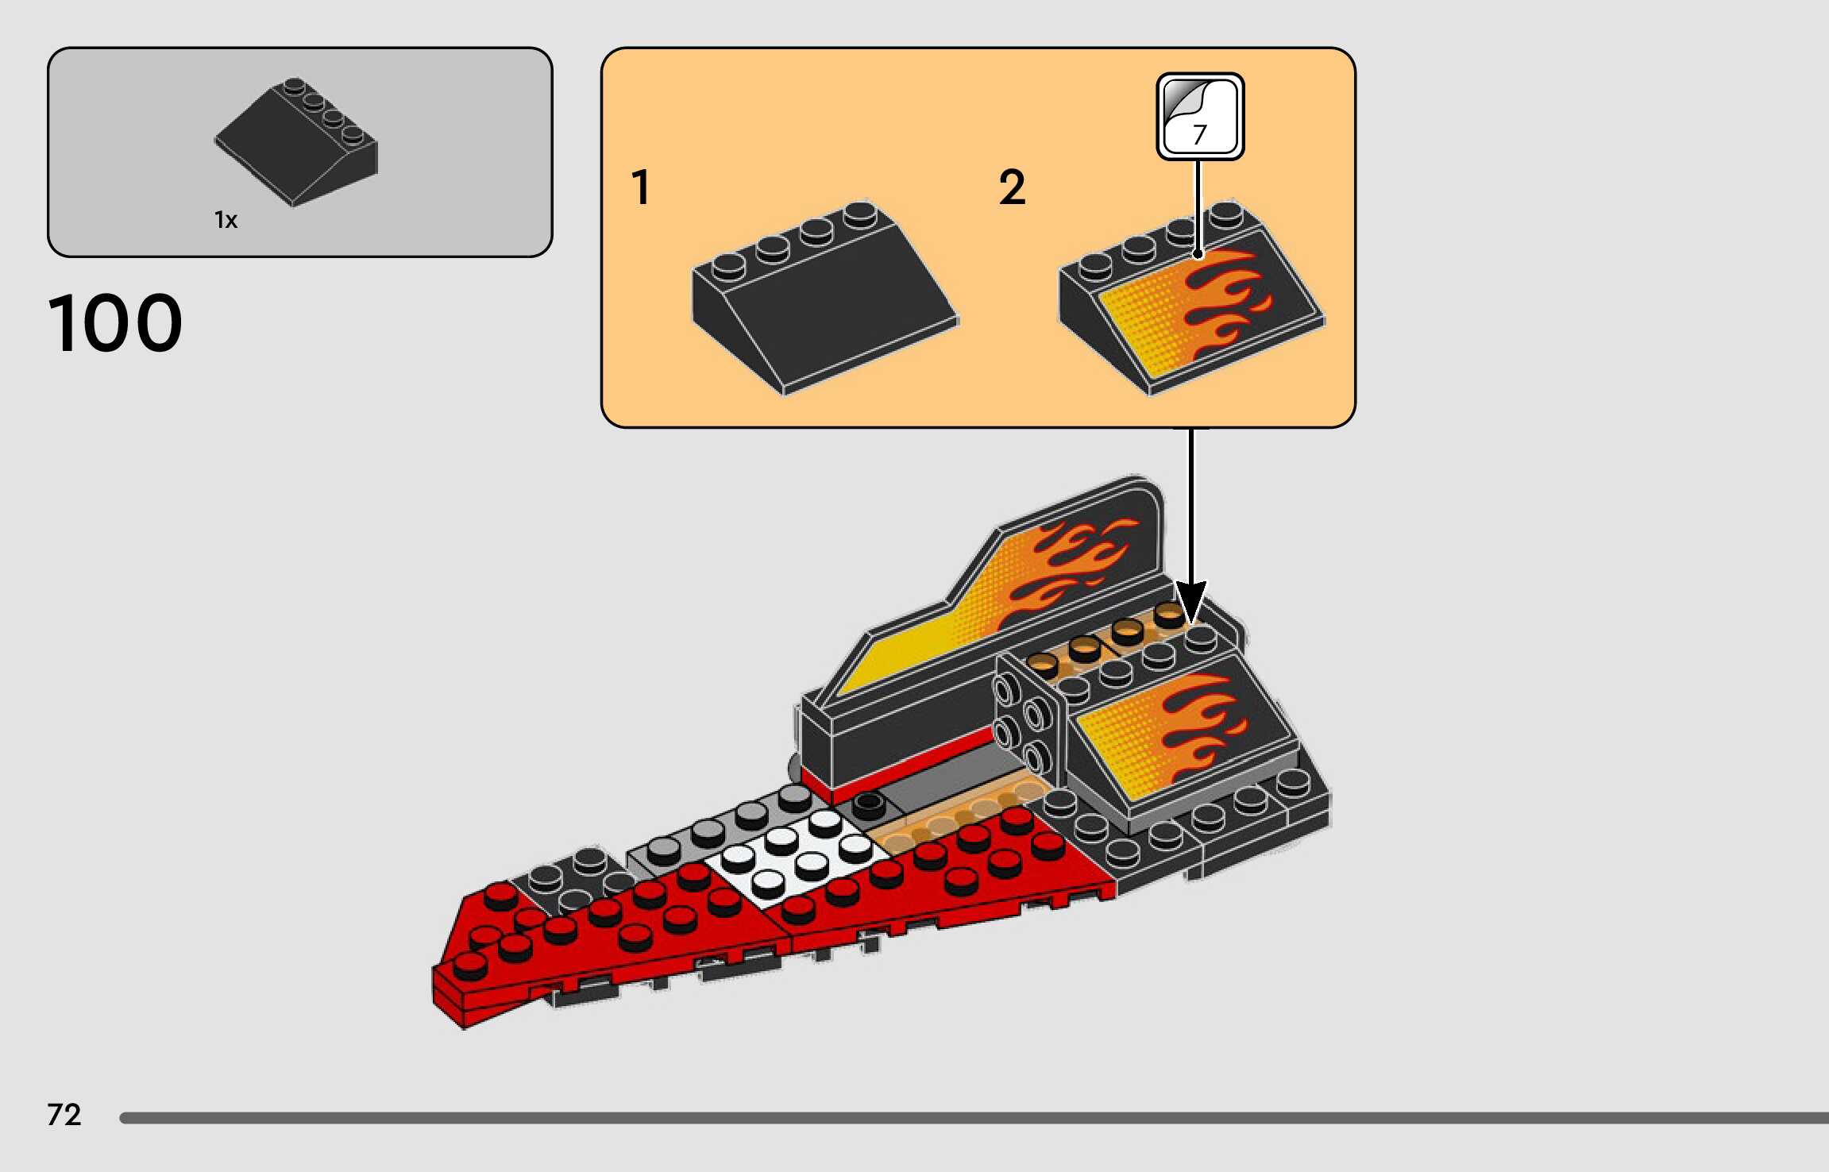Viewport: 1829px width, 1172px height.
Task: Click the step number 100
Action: (115, 322)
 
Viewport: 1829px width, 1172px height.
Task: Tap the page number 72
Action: (64, 1115)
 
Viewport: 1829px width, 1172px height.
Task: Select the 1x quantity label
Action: (226, 220)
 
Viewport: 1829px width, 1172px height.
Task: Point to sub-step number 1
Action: (640, 187)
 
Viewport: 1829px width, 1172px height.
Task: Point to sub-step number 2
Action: (1012, 187)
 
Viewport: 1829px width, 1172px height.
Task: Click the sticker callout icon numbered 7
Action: (1199, 117)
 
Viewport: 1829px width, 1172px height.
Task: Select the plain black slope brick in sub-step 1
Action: (826, 302)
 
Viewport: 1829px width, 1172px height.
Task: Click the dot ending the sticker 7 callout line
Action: (1198, 254)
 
